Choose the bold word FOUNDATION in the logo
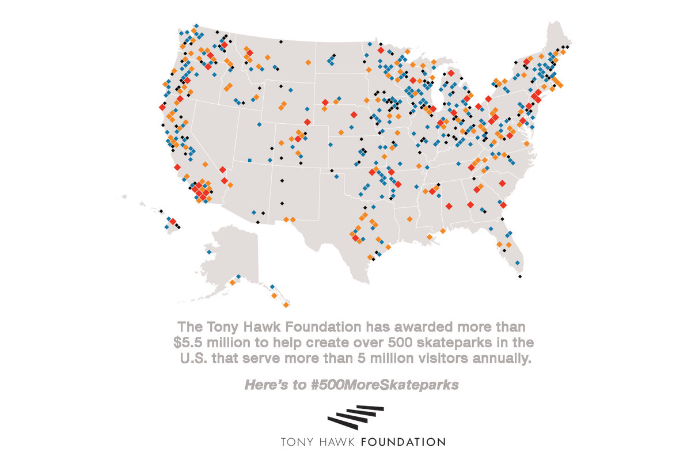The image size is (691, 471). point(403,442)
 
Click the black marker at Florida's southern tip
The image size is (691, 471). point(519,277)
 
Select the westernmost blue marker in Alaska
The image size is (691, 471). point(208,252)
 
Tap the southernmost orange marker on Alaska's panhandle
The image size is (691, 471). point(286,305)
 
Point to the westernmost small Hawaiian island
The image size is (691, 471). point(125,197)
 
